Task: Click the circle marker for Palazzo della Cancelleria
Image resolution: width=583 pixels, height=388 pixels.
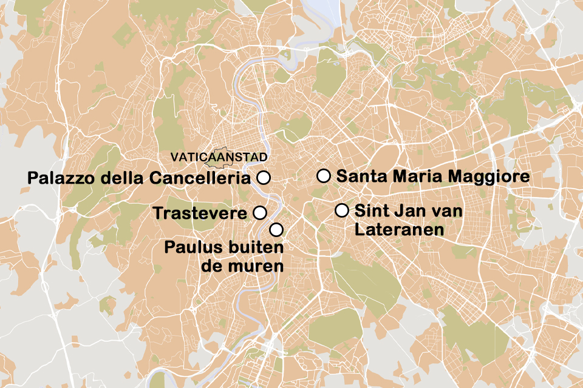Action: click(x=264, y=178)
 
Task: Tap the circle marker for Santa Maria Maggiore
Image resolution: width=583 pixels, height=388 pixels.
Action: click(x=324, y=176)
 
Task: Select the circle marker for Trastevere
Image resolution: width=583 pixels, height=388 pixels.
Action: click(x=259, y=212)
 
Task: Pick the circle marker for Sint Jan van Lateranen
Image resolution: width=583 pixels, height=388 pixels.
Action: click(x=342, y=210)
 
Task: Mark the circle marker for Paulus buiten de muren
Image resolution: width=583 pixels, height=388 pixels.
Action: click(x=276, y=229)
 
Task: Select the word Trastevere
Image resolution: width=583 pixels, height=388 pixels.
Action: click(x=200, y=213)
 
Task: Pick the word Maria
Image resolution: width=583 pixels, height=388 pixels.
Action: click(x=419, y=176)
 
